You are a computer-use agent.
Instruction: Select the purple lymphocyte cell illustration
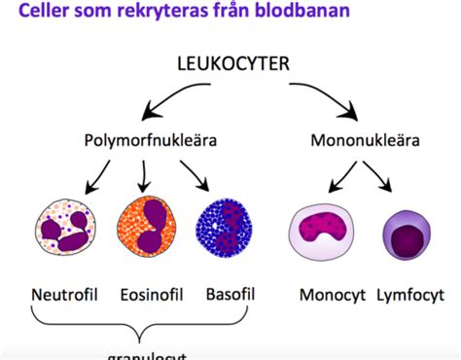[x=414, y=235]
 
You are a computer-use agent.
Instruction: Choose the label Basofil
[x=230, y=294]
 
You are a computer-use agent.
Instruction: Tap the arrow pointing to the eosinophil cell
[x=144, y=175]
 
